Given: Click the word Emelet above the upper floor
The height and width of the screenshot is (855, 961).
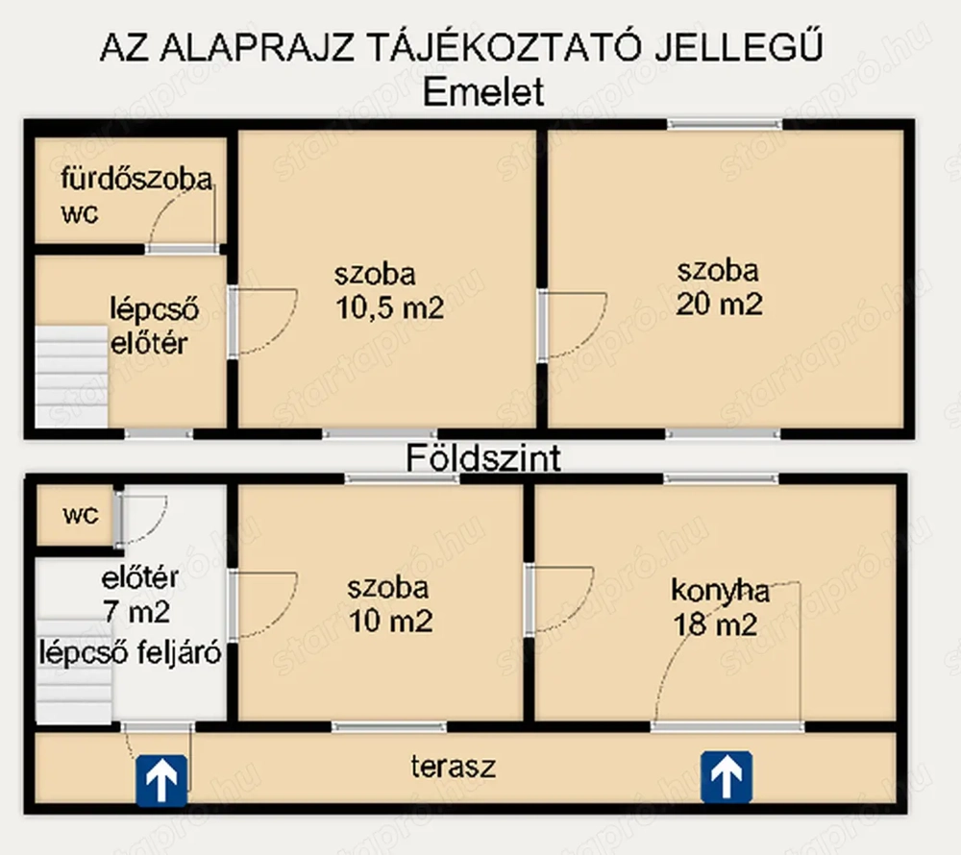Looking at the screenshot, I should pos(483,93).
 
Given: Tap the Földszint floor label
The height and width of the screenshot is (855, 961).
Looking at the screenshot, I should pos(483,458).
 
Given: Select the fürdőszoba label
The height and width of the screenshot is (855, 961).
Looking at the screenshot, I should pos(136,179).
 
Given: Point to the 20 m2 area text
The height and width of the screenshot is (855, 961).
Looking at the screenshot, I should pos(719,305).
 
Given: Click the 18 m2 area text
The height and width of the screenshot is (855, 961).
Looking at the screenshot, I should pos(715,624).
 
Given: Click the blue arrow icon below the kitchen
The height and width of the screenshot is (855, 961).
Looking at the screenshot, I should pos(726,777).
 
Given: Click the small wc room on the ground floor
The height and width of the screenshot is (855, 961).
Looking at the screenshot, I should pos(80,516).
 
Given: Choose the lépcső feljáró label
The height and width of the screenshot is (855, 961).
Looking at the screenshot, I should pos(131,653).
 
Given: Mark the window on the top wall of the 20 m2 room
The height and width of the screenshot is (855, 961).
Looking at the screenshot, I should pos(726,124).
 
